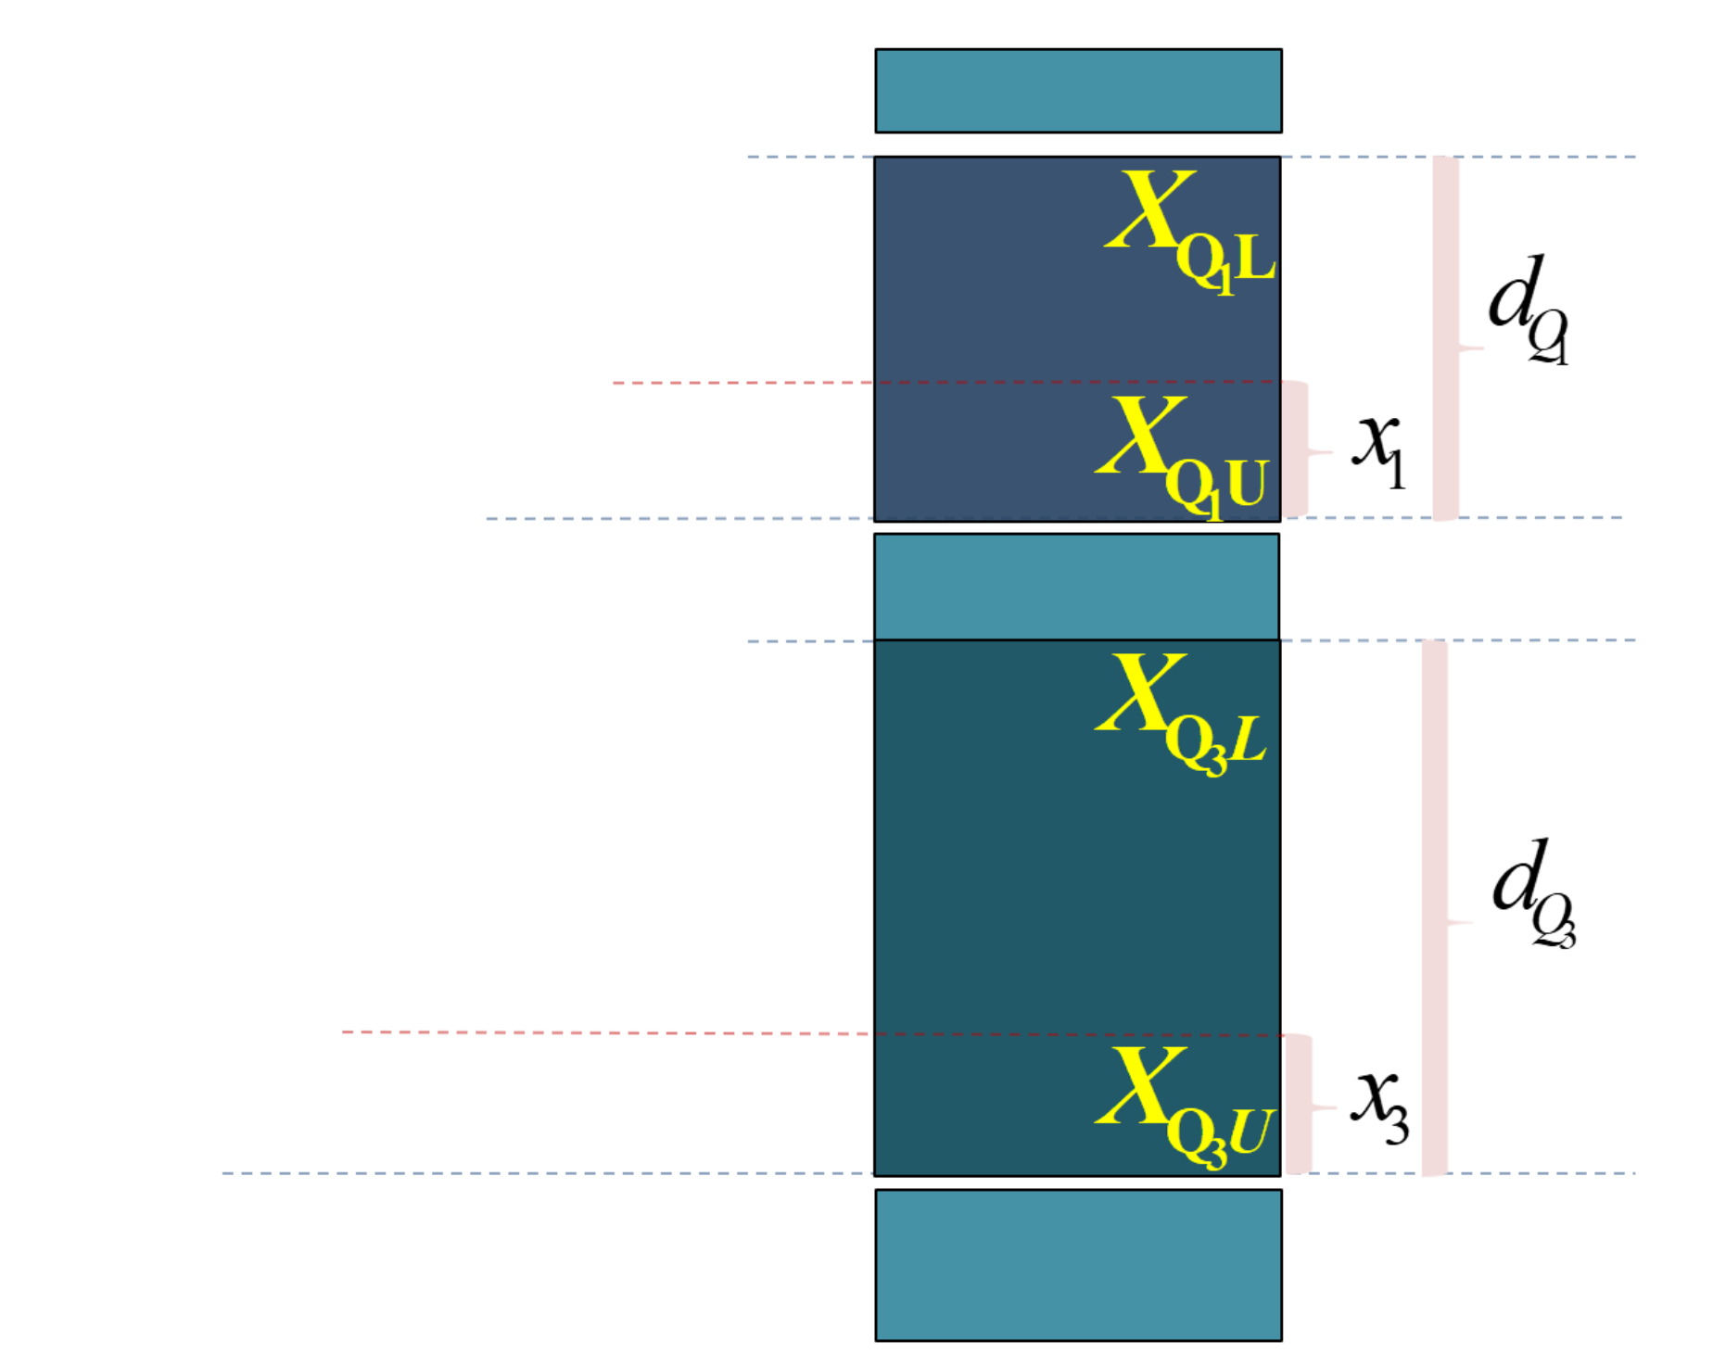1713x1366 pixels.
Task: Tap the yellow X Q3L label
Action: (1179, 714)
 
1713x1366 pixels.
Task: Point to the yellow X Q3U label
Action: (1183, 1107)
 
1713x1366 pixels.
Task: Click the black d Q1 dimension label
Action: (1526, 310)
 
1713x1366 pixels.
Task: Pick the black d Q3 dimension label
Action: (1531, 893)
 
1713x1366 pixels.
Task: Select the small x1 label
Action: (1379, 450)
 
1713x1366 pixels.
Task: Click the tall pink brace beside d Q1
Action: (1446, 339)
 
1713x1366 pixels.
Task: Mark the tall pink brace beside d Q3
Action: (1435, 908)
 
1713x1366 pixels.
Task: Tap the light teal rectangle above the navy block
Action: (1078, 91)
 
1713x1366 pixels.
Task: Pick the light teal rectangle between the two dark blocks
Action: (1076, 586)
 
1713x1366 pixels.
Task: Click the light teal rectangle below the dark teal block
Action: (1078, 1265)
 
